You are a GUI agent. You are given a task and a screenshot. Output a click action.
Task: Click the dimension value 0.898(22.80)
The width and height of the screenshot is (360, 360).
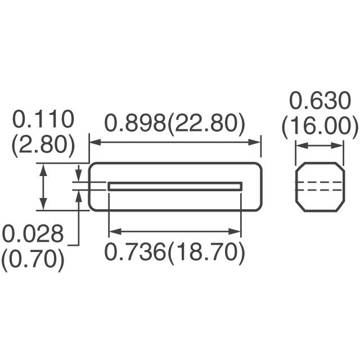174,123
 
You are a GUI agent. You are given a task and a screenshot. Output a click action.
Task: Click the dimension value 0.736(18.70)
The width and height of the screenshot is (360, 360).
174,253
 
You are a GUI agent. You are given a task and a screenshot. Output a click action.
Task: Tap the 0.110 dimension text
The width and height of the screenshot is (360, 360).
43,120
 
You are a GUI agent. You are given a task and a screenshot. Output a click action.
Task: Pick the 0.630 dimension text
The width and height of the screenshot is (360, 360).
319,101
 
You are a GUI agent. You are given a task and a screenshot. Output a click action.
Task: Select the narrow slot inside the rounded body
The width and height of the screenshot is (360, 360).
174,186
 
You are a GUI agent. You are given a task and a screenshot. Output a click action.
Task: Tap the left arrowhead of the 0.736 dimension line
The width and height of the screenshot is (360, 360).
112,231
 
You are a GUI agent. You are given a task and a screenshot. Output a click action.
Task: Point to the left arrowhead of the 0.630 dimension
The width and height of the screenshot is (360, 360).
300,146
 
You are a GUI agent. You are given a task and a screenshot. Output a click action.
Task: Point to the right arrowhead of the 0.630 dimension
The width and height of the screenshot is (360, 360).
339,146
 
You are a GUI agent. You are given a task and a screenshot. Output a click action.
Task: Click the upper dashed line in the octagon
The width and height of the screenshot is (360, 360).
319,182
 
